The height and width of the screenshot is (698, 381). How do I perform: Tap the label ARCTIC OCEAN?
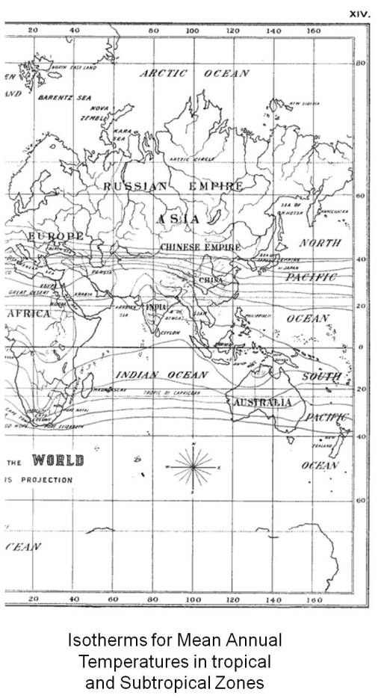(193, 74)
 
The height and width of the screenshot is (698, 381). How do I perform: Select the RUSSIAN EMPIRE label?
(173, 186)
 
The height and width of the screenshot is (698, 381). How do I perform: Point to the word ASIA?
(179, 219)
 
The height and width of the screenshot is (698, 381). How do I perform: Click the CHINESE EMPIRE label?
(199, 247)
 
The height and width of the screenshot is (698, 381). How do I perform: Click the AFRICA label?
(28, 314)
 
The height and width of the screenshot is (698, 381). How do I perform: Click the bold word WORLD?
(58, 459)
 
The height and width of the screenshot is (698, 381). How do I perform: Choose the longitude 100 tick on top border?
(193, 31)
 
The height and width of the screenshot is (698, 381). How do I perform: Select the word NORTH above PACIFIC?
(320, 243)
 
